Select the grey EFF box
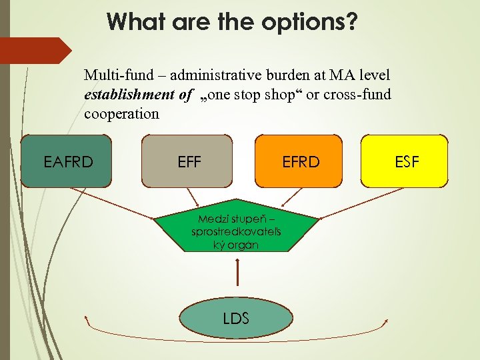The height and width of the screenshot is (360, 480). (187, 161)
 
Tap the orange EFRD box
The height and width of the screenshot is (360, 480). (299, 161)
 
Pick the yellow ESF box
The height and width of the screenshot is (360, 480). (404, 161)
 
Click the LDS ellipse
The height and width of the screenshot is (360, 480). (236, 318)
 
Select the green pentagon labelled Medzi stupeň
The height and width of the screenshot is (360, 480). (236, 230)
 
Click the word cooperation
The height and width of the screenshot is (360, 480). (121, 113)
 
